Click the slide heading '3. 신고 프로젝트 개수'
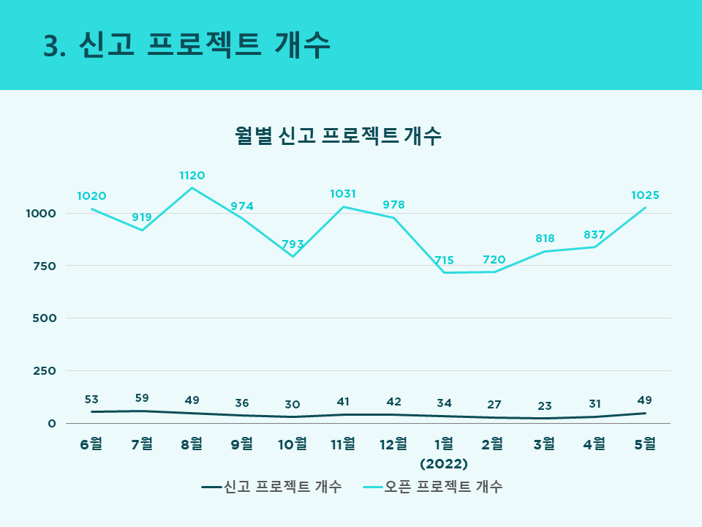tap(186, 45)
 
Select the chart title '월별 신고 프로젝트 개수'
tap(338, 135)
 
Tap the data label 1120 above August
tap(192, 175)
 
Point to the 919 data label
tap(142, 217)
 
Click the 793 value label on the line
tap(292, 244)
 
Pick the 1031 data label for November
tap(343, 193)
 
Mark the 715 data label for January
tap(444, 260)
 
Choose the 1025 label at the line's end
tap(645, 195)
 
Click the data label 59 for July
tap(142, 398)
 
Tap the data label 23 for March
tap(545, 406)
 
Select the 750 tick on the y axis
tap(45, 266)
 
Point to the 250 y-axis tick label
tap(45, 371)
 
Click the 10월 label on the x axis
tap(292, 444)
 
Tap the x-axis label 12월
tap(393, 444)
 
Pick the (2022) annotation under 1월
tap(444, 463)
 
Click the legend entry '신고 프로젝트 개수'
tap(272, 487)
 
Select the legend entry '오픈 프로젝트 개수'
tap(432, 487)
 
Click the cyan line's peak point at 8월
tap(192, 188)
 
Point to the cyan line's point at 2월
tap(494, 272)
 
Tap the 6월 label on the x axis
tap(91, 444)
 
